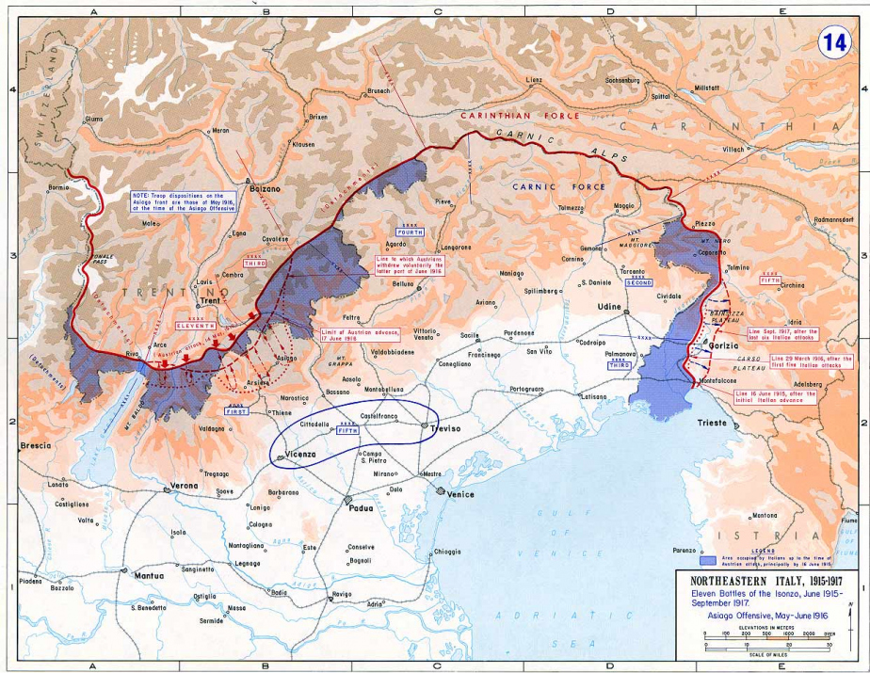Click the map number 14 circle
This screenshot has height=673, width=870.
833,42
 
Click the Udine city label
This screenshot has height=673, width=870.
610,308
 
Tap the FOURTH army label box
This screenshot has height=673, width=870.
410,231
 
